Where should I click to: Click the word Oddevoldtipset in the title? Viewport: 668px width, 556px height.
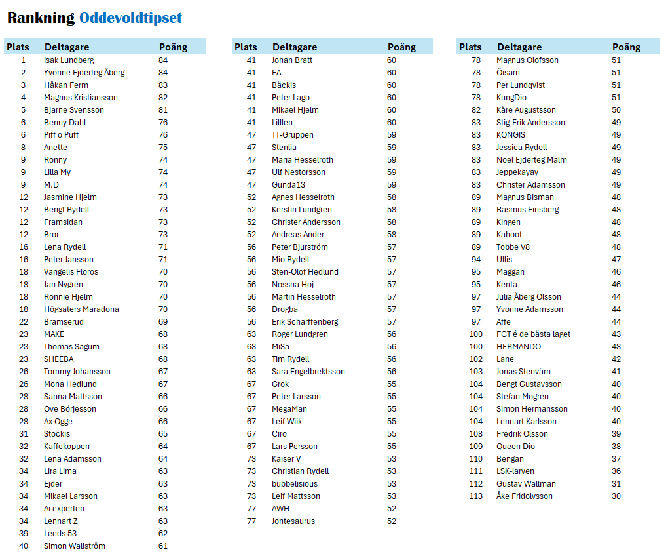tap(130, 18)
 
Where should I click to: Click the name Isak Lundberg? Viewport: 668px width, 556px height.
tap(69, 60)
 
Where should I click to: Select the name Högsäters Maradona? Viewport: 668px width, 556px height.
tap(81, 309)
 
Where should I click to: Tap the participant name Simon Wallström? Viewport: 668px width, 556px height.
tap(74, 546)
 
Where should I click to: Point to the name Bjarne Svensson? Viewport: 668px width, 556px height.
tap(73, 110)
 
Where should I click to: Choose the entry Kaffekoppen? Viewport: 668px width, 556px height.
tap(67, 447)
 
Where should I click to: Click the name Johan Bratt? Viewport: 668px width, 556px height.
tap(292, 60)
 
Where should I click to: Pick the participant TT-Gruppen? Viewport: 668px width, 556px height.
tap(293, 135)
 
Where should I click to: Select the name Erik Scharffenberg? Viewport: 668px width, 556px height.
tap(305, 322)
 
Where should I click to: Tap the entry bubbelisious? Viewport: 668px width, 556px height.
tap(295, 484)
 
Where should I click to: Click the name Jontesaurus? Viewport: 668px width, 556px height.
tap(293, 521)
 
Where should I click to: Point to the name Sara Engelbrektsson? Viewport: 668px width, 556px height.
tap(308, 372)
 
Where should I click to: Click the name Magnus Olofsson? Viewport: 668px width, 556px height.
tap(527, 60)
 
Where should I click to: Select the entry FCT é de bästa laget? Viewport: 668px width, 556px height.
tap(533, 334)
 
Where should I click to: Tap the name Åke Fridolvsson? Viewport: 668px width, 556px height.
tap(524, 496)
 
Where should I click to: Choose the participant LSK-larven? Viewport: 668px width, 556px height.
tap(515, 471)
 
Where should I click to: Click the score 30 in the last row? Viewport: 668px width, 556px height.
tap(616, 496)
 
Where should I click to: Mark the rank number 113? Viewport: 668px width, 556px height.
tap(476, 496)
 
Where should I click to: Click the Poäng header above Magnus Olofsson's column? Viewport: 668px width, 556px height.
tap(626, 47)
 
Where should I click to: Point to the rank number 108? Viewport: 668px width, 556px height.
tap(476, 434)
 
